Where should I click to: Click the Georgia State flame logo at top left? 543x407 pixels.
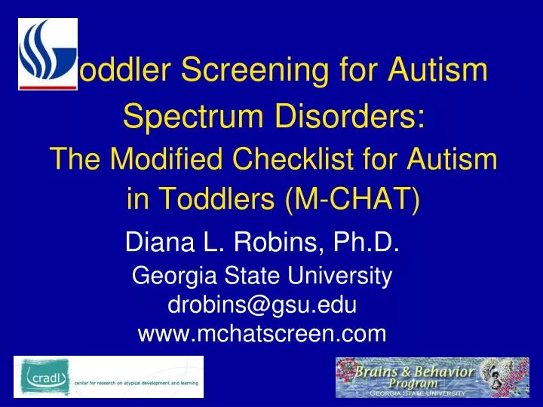[x=47, y=52]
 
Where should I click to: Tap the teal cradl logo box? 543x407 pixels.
[x=44, y=376]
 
